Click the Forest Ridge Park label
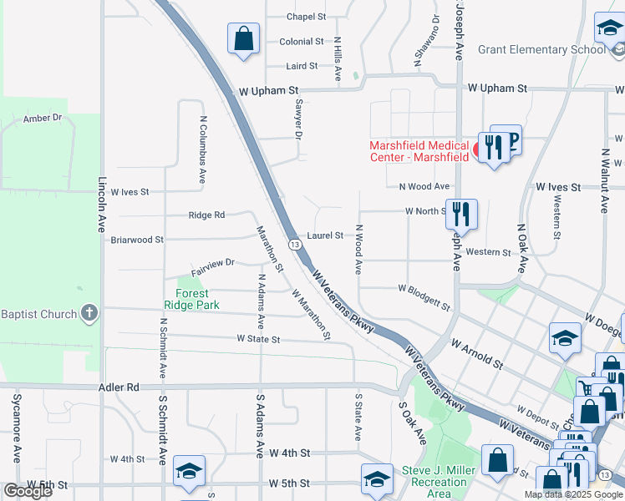[197, 299]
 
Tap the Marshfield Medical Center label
[419, 151]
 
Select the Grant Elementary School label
[541, 49]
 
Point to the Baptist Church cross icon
[89, 314]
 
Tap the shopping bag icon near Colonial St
[243, 38]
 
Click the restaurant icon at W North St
[460, 215]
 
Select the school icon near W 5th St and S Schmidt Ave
[189, 473]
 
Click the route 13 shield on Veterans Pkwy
[295, 244]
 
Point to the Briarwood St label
[137, 240]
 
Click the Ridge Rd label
[206, 215]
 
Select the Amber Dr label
[43, 118]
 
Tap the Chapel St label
[305, 17]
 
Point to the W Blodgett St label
[424, 293]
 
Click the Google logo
[28, 491]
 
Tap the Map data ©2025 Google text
[573, 494]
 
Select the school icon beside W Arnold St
[565, 337]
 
